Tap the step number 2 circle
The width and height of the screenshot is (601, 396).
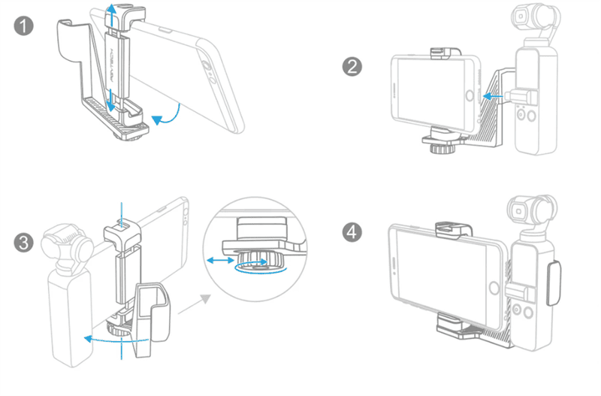351,66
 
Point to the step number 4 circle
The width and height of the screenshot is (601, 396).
351,229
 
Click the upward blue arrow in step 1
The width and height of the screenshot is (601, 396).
110,14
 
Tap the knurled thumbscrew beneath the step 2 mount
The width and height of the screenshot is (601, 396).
436,145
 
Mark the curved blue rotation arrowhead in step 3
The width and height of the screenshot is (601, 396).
86,340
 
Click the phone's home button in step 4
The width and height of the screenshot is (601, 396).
493,289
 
